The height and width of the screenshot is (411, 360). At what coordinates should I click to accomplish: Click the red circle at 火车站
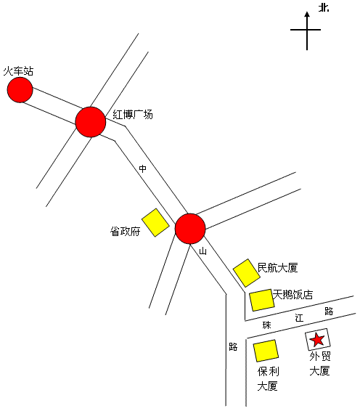click(20, 89)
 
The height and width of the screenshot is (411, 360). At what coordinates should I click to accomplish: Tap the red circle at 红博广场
click(91, 122)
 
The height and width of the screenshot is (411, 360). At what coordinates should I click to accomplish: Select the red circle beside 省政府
click(190, 229)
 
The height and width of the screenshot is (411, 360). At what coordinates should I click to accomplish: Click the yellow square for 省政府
click(155, 222)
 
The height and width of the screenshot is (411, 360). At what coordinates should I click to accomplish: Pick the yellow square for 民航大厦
click(247, 273)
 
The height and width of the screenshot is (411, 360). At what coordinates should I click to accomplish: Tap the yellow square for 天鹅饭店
click(261, 300)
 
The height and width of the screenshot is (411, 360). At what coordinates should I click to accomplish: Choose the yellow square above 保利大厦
click(266, 351)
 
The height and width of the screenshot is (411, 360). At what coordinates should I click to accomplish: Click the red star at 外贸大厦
click(317, 339)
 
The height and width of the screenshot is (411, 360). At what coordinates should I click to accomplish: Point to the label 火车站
click(18, 71)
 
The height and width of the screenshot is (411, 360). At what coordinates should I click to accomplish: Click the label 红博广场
click(133, 115)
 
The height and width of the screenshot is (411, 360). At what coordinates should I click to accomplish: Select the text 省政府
click(125, 232)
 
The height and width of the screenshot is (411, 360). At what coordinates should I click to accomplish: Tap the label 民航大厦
click(278, 268)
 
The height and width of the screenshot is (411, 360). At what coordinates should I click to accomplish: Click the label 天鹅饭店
click(292, 295)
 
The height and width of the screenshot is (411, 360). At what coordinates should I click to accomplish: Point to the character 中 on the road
click(142, 168)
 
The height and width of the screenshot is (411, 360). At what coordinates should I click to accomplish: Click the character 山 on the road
click(202, 251)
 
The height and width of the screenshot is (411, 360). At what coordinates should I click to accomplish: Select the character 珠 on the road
click(266, 325)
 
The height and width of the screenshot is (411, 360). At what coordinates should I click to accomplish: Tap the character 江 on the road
click(299, 318)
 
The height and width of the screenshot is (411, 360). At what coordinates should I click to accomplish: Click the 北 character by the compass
click(324, 8)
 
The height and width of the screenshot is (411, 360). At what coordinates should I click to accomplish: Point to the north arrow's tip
click(307, 12)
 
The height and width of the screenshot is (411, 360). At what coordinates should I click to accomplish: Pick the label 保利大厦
click(268, 379)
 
